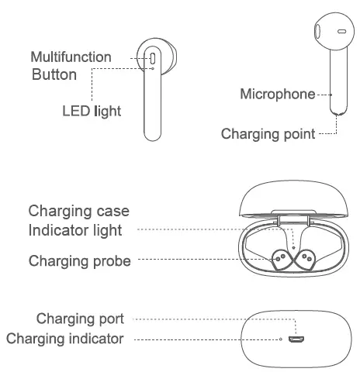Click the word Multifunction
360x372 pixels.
[x=71, y=57]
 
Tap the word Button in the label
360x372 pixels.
[x=54, y=75]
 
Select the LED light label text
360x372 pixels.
[x=92, y=110]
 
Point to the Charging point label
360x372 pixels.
[x=268, y=133]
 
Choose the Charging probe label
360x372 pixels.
[x=79, y=260]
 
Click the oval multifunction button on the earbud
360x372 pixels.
[x=153, y=58]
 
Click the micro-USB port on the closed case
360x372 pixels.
[x=294, y=339]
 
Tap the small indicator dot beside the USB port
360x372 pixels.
[x=280, y=339]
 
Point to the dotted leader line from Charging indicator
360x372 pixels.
[x=202, y=339]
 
